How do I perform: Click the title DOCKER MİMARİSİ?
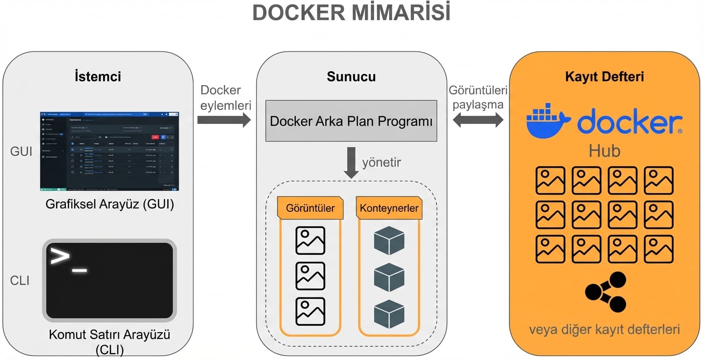point(351,14)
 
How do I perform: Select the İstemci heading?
point(98,77)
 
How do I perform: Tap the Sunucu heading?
point(351,77)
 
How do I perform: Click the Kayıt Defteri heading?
point(604,77)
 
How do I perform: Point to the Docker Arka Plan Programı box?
point(351,121)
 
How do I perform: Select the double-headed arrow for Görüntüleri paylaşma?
point(478,120)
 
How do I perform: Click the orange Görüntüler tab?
point(309,208)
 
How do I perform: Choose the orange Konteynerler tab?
point(389,208)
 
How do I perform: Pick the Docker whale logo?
point(548,121)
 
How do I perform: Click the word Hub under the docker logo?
point(604,151)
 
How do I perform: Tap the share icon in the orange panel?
point(605,292)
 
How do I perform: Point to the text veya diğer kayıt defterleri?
point(604,329)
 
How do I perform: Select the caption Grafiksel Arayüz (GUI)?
point(110,204)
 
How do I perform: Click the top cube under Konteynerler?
point(389,240)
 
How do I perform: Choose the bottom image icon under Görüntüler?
point(310,312)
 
